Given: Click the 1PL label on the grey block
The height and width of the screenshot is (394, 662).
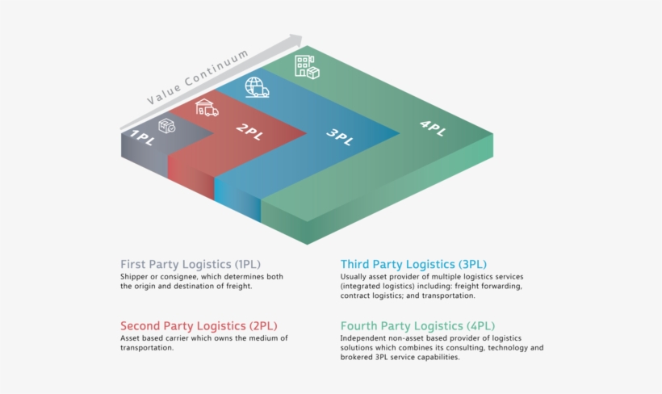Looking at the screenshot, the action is point(142,138).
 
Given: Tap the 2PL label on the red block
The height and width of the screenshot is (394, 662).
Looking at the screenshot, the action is point(250,132).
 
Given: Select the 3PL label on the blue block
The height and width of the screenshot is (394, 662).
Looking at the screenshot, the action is point(340,136).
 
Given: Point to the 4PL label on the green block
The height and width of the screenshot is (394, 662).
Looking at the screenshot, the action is point(433,128).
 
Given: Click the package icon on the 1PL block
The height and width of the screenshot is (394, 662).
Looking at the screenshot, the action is point(167,126).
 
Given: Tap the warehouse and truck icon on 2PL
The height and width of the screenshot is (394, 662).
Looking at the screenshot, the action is point(207,107).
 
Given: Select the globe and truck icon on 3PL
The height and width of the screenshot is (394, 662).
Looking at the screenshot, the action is point(257,87).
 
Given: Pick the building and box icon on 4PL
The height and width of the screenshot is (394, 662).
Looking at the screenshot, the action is point(307,67).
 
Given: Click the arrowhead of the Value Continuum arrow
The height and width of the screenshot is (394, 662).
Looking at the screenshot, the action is point(296,40).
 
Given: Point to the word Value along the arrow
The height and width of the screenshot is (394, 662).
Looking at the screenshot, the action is point(164,94).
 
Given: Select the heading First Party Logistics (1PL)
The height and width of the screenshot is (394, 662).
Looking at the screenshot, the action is point(191,264).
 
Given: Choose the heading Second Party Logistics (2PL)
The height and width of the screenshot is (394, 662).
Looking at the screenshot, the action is point(199,326).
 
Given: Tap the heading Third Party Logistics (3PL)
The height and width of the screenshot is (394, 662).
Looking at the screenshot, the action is point(413,264).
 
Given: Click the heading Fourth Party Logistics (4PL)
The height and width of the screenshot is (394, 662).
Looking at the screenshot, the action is point(417,326).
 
